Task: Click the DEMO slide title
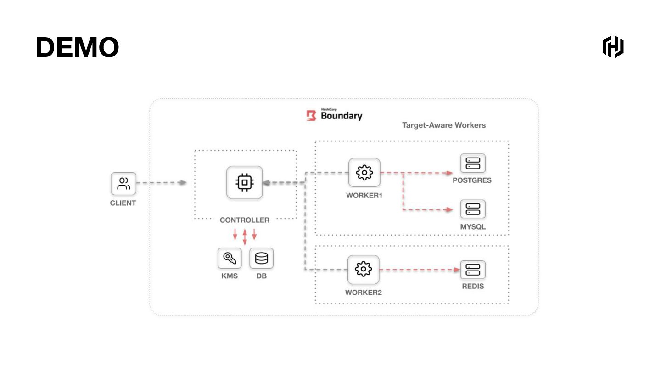(x=77, y=47)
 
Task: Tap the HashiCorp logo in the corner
(x=613, y=46)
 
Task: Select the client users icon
(x=123, y=184)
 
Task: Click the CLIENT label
(x=123, y=203)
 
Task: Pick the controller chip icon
(x=245, y=182)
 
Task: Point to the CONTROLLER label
(x=245, y=220)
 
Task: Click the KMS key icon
(x=229, y=259)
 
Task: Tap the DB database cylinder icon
(x=261, y=259)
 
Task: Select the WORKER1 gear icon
(x=364, y=173)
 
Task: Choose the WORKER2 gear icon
(x=363, y=270)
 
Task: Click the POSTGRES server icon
(x=473, y=163)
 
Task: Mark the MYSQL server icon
(x=473, y=209)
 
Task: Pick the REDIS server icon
(x=473, y=270)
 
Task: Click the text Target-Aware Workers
(x=444, y=125)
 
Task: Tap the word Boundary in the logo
(x=342, y=116)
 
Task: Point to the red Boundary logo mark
(x=311, y=115)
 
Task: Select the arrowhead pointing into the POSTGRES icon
(x=450, y=173)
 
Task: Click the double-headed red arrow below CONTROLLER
(x=245, y=237)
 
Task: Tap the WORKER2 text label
(x=364, y=293)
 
